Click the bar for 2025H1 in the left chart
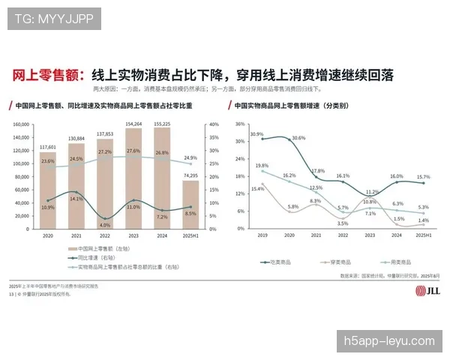190,204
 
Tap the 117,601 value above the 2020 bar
48,147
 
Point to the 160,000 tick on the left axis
21,124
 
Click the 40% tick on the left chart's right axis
213,124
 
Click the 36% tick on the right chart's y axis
240,124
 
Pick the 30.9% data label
256,134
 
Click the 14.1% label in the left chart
76,199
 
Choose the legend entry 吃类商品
284,262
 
